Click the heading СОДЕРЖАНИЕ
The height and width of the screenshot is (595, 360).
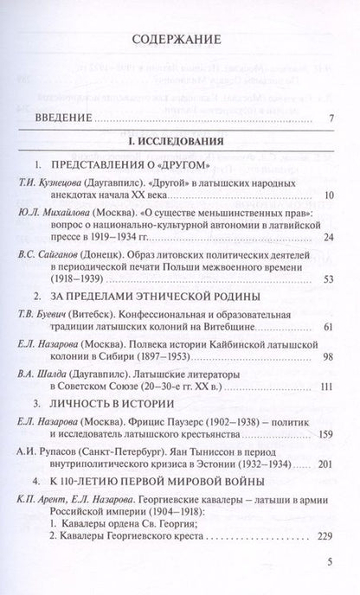pyautogui.click(x=180, y=39)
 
